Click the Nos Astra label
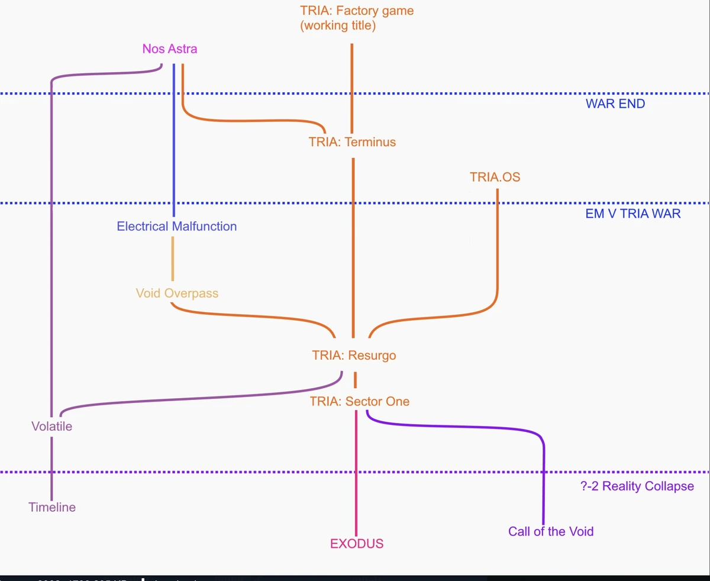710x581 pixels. click(170, 49)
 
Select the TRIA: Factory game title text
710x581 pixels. click(357, 11)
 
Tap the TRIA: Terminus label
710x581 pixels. click(352, 142)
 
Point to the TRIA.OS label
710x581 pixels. click(495, 177)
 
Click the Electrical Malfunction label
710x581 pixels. click(176, 226)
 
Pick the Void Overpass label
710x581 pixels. click(177, 293)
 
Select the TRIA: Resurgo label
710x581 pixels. click(354, 356)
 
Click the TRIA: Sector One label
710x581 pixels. click(359, 402)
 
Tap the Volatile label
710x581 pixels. click(52, 426)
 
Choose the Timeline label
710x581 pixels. click(52, 507)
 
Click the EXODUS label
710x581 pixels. click(357, 544)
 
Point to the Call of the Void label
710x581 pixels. click(551, 531)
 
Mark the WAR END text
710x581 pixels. click(615, 104)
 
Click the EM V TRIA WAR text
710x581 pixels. click(633, 214)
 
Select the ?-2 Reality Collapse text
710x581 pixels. click(637, 486)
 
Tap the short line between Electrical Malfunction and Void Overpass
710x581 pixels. click(173, 259)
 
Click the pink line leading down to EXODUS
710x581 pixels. click(356, 473)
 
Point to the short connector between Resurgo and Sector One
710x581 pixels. click(356, 379)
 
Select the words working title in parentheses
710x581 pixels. click(338, 26)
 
